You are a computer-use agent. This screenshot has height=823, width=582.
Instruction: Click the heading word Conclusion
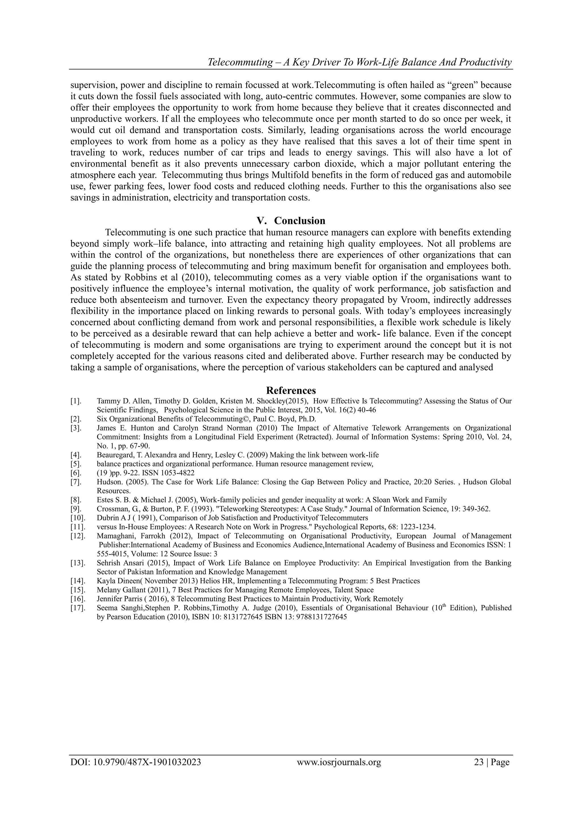pos(300,221)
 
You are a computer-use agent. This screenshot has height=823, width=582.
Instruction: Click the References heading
pos(291,390)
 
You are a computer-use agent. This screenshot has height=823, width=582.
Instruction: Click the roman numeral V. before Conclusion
pos(263,221)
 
